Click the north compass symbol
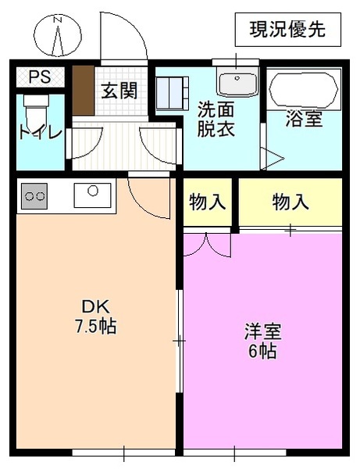[58, 35]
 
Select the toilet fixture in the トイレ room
[37, 109]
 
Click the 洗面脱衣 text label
[215, 118]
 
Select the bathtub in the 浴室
[305, 90]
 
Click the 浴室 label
[304, 120]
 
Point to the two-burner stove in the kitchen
[34, 196]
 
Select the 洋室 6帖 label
[262, 341]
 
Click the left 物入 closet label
[208, 202]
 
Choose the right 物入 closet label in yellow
[290, 202]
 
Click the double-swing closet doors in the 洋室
[208, 244]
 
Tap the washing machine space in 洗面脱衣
[172, 94]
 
